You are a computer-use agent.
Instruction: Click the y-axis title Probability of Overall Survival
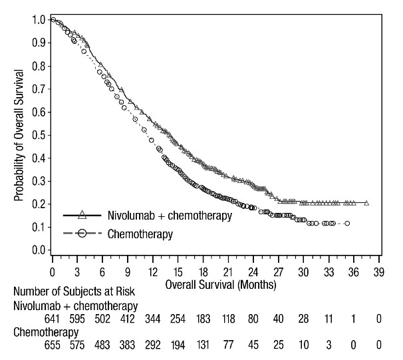(19, 134)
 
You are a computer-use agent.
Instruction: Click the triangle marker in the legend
(82, 215)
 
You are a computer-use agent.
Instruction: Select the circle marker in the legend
(82, 234)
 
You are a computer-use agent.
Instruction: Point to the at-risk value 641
(53, 320)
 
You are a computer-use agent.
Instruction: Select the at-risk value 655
(53, 346)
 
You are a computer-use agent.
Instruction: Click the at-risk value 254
(178, 320)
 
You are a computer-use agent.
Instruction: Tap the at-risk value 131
(203, 346)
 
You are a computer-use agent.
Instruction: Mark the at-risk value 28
(303, 320)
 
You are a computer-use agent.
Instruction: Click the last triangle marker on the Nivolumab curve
(366, 203)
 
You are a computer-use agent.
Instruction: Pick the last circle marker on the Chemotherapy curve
(347, 223)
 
